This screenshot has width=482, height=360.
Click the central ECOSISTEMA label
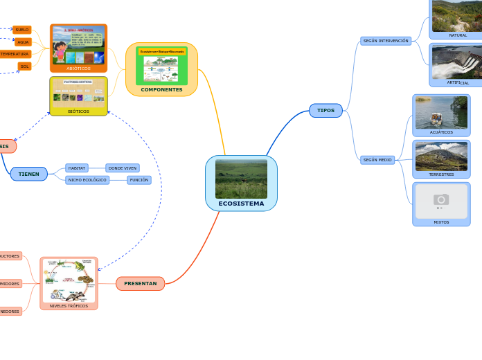[241, 204]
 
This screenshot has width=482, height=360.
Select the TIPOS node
[325, 111]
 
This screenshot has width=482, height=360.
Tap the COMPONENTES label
[161, 89]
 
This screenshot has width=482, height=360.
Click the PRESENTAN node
[140, 283]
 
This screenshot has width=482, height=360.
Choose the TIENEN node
[28, 174]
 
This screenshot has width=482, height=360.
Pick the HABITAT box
[77, 168]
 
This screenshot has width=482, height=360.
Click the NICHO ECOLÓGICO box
[87, 180]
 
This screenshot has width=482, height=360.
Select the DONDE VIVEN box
[123, 168]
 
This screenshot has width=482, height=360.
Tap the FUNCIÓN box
[139, 180]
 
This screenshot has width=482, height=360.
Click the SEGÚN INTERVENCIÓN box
[386, 41]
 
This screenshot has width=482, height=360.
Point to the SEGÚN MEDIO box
[377, 160]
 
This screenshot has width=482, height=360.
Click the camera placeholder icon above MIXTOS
[441, 200]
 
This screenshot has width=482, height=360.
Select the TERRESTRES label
[441, 174]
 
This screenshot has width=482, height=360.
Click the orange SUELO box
[22, 30]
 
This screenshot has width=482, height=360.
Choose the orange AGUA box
[23, 42]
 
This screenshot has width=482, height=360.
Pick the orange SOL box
[25, 66]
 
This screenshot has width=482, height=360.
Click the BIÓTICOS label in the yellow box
[78, 111]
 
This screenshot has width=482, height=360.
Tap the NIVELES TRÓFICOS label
[69, 305]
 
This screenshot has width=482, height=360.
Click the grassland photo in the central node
[241, 179]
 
